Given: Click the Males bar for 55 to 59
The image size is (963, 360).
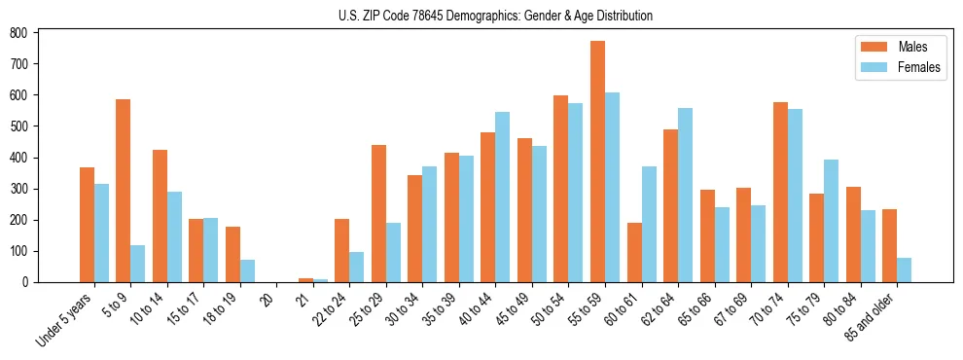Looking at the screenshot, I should point(597,162).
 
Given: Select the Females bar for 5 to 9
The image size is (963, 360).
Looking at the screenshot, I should point(138,264).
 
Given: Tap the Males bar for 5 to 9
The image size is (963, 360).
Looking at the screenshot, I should point(124,191).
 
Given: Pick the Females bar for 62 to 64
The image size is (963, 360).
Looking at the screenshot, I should point(685,195).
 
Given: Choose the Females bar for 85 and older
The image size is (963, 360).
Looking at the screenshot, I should point(904,270).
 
